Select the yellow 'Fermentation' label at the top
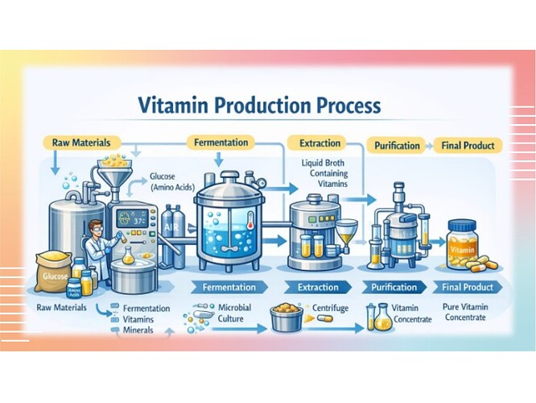point(221,143)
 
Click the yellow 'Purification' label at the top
point(398,146)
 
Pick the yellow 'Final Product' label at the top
point(469,146)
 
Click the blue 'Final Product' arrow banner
point(468,286)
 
